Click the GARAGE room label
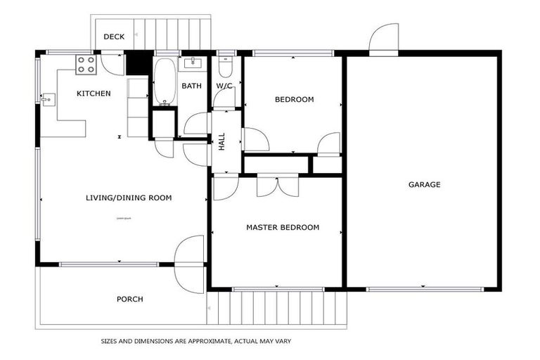click(424, 185)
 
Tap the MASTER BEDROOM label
click(282, 227)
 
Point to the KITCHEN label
click(94, 94)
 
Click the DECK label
click(114, 37)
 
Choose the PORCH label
click(129, 299)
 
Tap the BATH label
click(191, 86)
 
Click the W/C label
click(224, 86)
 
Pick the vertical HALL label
click(222, 141)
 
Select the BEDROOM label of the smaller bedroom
click(294, 100)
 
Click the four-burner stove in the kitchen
click(86, 65)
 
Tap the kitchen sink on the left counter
click(48, 100)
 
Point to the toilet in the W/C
click(224, 67)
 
